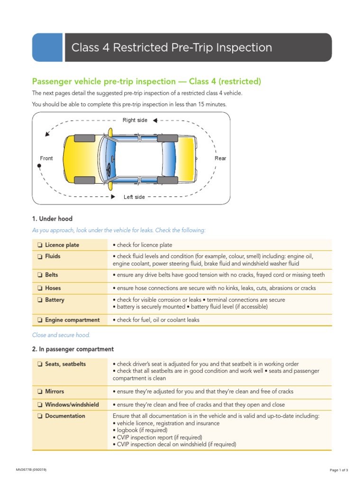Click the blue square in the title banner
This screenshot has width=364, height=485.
coord(47,47)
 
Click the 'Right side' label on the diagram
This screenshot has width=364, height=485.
coord(135,120)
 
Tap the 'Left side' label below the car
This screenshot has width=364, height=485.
coord(134,197)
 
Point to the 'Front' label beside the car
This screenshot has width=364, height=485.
coord(46,158)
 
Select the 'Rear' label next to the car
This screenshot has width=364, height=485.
coord(220,158)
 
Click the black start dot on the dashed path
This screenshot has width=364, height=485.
coord(39,166)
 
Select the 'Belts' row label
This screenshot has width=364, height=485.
coord(53,275)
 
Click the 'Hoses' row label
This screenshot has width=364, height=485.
coord(53,288)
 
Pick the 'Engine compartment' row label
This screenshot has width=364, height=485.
coord(72,320)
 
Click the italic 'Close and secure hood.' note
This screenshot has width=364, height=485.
coord(61,335)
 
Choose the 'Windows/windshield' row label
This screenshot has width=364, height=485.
coord(72,405)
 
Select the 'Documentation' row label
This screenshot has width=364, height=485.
coord(65,416)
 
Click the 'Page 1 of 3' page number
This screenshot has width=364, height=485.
coord(339,470)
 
